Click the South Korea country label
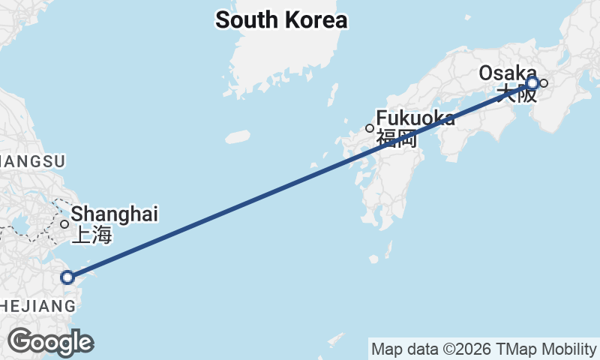click(x=281, y=20)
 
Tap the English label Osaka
click(x=508, y=73)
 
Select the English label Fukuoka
click(x=415, y=118)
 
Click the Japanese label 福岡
click(x=396, y=138)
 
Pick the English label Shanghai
click(x=115, y=214)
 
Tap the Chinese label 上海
click(x=91, y=235)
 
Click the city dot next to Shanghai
click(x=65, y=223)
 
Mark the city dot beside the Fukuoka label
click(x=369, y=128)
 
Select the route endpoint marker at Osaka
click(x=532, y=82)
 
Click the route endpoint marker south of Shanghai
click(x=67, y=277)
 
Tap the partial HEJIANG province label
click(x=37, y=306)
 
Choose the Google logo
click(x=50, y=342)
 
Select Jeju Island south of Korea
click(x=237, y=137)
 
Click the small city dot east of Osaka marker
click(x=544, y=82)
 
